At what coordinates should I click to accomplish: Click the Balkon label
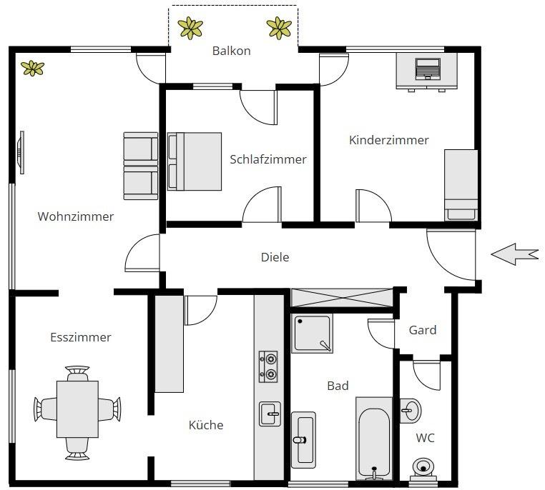231,51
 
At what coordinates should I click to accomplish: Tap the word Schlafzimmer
267,159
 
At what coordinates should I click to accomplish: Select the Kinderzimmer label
388,140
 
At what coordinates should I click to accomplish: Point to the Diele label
275,257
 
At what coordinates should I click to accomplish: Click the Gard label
422,330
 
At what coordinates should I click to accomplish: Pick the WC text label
425,438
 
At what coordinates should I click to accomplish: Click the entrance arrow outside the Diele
514,254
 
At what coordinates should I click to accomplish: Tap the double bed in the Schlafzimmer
195,161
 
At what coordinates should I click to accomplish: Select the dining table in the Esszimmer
77,409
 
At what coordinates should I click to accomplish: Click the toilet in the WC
423,467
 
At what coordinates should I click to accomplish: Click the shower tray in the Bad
312,333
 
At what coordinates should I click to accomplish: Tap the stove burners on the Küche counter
268,366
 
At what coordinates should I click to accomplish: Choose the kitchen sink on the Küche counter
270,413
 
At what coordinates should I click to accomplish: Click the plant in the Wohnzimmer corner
32,68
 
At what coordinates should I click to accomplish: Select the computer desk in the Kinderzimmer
427,72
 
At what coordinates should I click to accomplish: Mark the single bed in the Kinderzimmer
461,184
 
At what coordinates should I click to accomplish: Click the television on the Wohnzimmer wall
21,151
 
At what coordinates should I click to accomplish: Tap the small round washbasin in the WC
411,410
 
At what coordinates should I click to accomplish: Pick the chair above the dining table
77,373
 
